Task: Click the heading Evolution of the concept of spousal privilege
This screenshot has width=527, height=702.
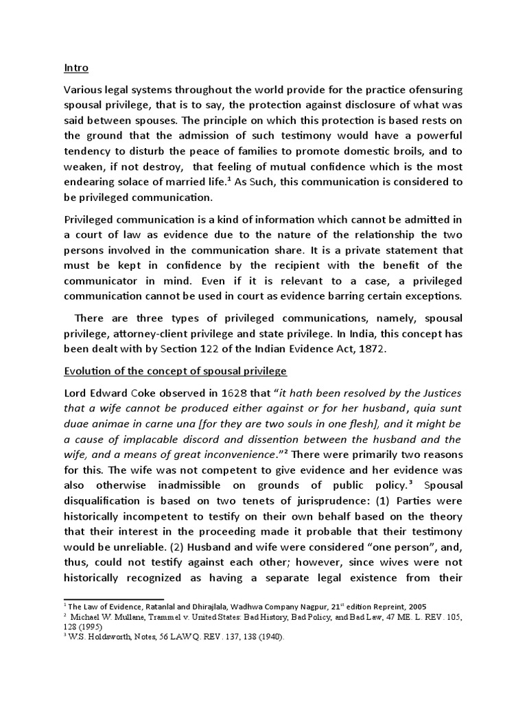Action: [x=175, y=372]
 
